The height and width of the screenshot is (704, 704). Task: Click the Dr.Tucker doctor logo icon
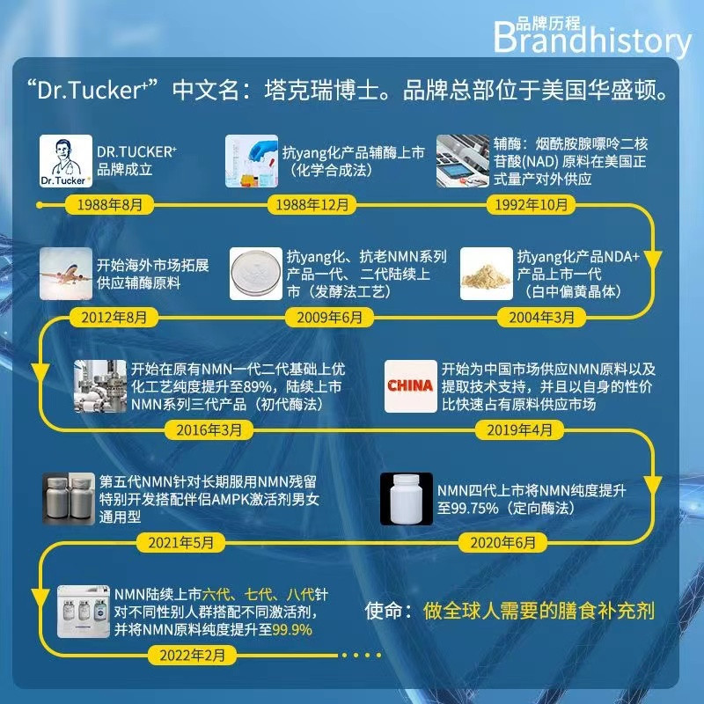pyautogui.click(x=68, y=163)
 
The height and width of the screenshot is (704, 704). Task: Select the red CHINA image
pyautogui.click(x=409, y=386)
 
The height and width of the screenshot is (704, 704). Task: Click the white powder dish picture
pyautogui.click(x=254, y=273)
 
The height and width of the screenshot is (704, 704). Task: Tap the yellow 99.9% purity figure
pyautogui.click(x=293, y=630)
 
